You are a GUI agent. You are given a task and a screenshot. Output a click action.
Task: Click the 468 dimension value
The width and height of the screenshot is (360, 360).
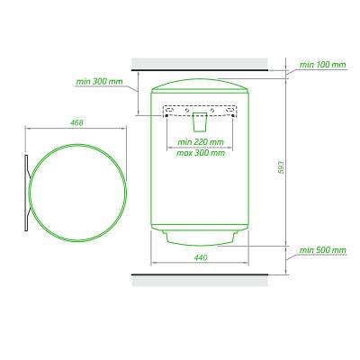[76, 122]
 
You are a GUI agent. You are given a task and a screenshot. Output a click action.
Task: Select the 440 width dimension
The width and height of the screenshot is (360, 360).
[201, 257]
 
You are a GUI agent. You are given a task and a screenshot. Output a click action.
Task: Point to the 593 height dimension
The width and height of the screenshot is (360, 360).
[281, 167]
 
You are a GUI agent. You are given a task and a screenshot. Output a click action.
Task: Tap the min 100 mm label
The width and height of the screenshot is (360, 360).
[322, 65]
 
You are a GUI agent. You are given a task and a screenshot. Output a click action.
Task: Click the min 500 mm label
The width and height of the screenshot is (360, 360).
[322, 250]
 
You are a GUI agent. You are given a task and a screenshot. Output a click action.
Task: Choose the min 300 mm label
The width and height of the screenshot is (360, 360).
[99, 82]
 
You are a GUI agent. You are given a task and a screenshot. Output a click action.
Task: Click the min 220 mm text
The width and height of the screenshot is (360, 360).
[201, 142]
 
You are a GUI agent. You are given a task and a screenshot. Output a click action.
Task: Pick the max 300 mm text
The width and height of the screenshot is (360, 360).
[201, 153]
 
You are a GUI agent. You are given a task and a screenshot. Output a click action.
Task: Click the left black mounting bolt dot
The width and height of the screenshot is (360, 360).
[166, 116]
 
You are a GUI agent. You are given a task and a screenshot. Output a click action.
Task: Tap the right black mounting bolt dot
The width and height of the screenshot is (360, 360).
[233, 116]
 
